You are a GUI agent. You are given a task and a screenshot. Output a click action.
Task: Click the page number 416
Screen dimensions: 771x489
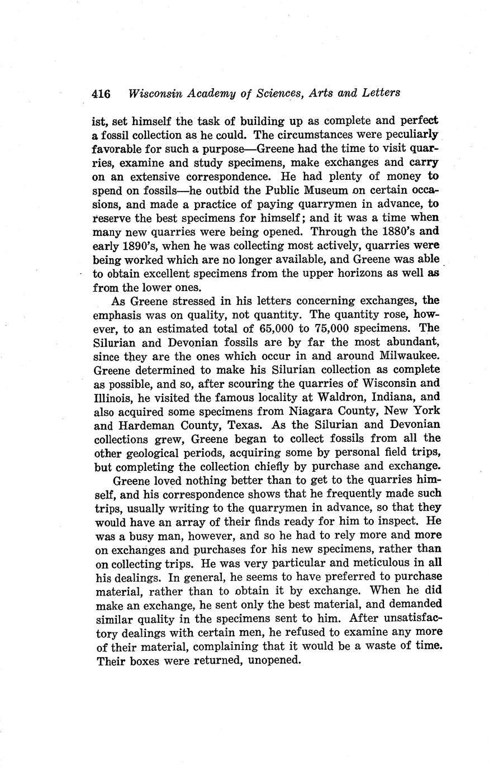point(102,93)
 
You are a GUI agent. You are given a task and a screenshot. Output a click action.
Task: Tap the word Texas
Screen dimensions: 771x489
point(244,425)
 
